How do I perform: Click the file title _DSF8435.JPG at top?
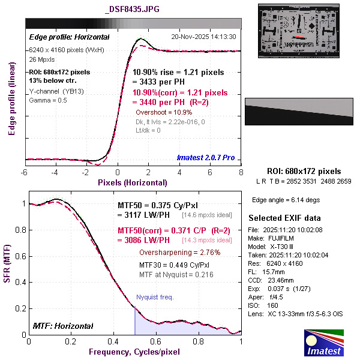tap(133, 10)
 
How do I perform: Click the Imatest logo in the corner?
tap(325, 343)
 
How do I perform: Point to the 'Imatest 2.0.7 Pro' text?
tap(205, 158)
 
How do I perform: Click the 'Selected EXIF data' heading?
tap(284, 217)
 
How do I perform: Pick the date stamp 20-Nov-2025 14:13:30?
tap(203, 37)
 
